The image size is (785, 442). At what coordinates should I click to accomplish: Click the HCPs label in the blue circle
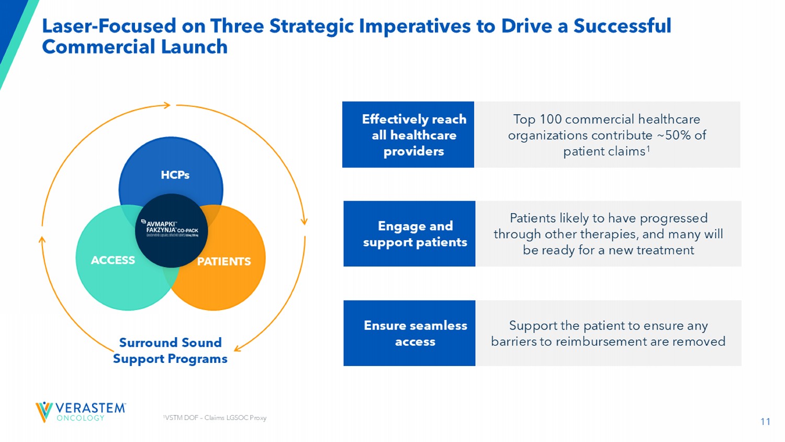coord(175,175)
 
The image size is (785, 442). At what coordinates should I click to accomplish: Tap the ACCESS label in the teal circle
coord(113,260)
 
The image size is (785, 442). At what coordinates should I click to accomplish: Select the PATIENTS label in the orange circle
coord(224,261)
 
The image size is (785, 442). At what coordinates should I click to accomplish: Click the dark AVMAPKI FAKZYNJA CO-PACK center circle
coord(171,230)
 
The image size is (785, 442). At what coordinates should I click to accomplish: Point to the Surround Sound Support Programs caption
coord(170,350)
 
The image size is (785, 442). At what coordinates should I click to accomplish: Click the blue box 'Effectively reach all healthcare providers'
coord(408,135)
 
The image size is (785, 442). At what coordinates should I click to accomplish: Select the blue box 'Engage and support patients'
coord(409,234)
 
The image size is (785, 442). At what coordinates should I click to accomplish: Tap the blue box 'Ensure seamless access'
coord(409,333)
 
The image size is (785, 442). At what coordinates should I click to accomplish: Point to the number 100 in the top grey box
coord(551,119)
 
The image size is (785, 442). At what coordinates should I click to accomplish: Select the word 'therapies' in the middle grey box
coord(609,234)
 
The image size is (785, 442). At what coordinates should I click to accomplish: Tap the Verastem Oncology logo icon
coord(44,412)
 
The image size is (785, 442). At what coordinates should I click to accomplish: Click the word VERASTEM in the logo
coord(91,408)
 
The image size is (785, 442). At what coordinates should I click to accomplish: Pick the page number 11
coord(765,422)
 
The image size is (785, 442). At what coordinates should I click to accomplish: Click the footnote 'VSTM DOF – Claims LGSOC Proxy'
coord(215,418)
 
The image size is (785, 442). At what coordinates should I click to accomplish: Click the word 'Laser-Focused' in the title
coord(109,26)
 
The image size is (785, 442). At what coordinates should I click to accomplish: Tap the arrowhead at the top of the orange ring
coord(167,105)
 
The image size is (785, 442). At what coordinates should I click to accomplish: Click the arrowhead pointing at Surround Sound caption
coord(237,348)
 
